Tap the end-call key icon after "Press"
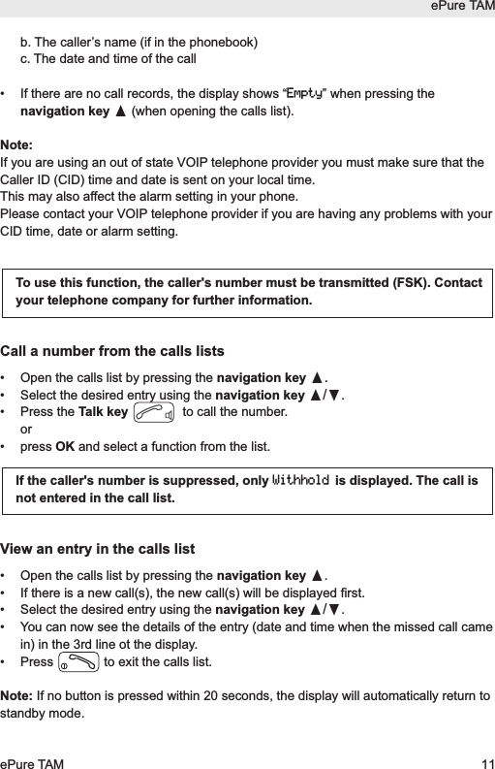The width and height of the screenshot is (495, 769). coord(77,663)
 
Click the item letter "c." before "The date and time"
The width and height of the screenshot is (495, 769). coord(39,58)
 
